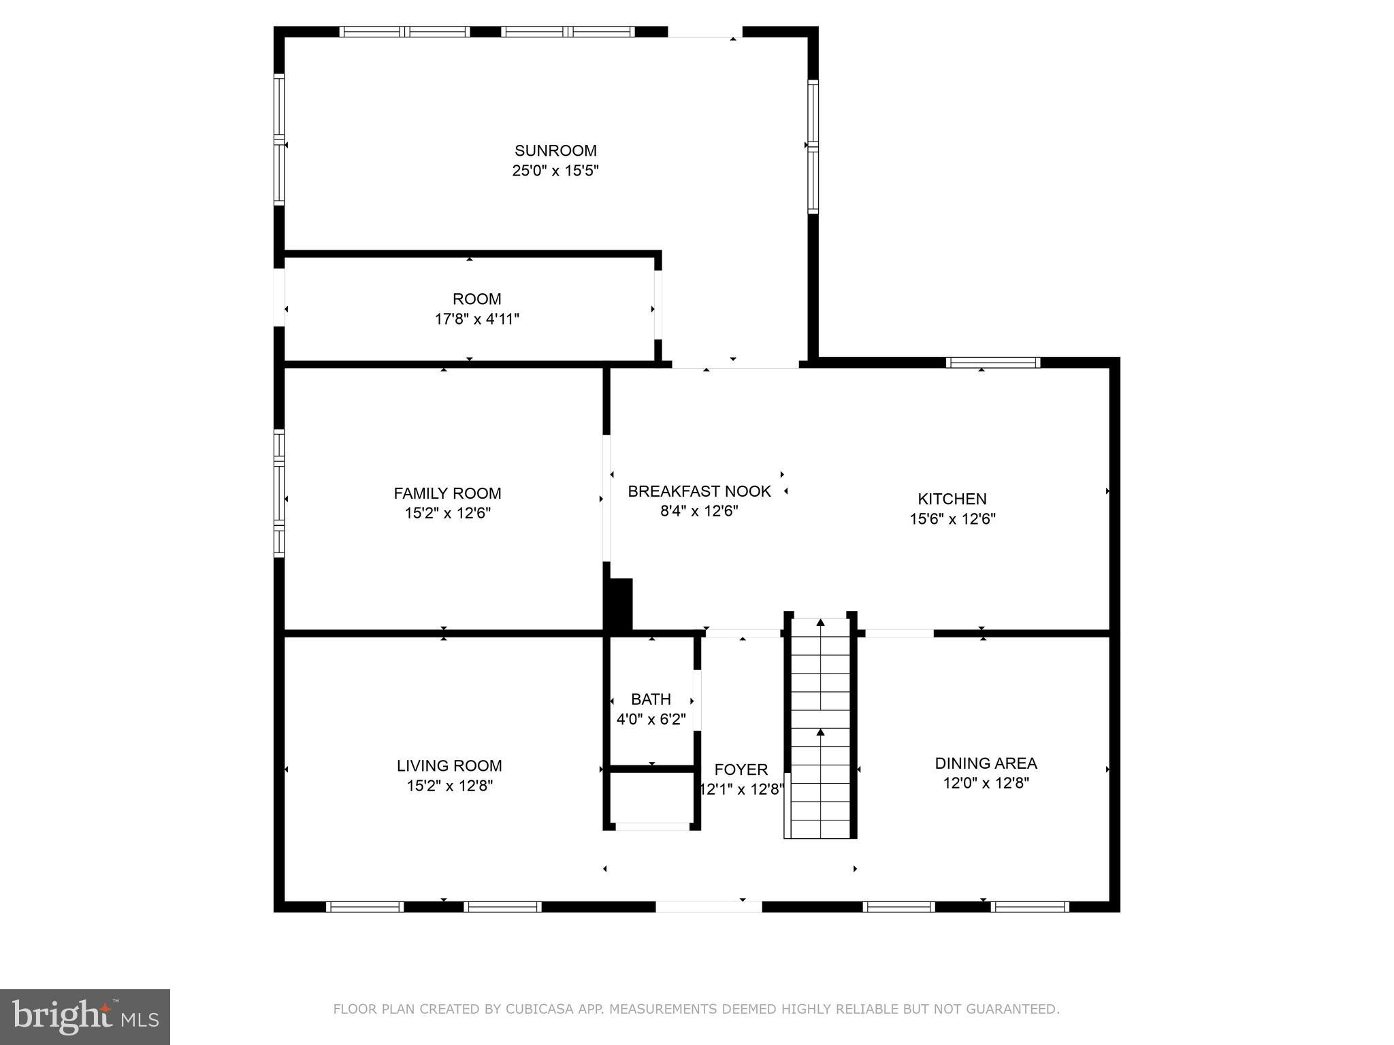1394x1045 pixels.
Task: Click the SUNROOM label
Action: [555, 151]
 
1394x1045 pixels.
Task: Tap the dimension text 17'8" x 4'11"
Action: [476, 319]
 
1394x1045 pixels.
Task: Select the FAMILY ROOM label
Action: [447, 493]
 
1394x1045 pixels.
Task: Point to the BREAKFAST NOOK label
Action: [699, 491]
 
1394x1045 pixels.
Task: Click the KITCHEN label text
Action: [952, 499]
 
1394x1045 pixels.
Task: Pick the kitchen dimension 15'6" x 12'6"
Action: [952, 519]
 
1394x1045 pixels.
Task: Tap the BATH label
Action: [651, 699]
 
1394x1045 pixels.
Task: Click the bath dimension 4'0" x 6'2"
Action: [651, 719]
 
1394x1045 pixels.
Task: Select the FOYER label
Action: [741, 769]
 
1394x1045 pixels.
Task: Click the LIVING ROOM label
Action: [449, 766]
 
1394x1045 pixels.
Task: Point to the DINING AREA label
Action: [986, 763]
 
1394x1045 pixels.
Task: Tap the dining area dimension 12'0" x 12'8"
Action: [986, 783]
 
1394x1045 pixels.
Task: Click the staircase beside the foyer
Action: [820, 728]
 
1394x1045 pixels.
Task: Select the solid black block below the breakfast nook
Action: [619, 604]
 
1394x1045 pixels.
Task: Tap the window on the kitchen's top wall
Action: [994, 363]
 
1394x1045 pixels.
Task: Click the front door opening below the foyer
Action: [708, 906]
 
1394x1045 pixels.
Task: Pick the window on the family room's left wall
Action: [279, 493]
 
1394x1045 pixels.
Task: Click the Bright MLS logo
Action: [85, 1016]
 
